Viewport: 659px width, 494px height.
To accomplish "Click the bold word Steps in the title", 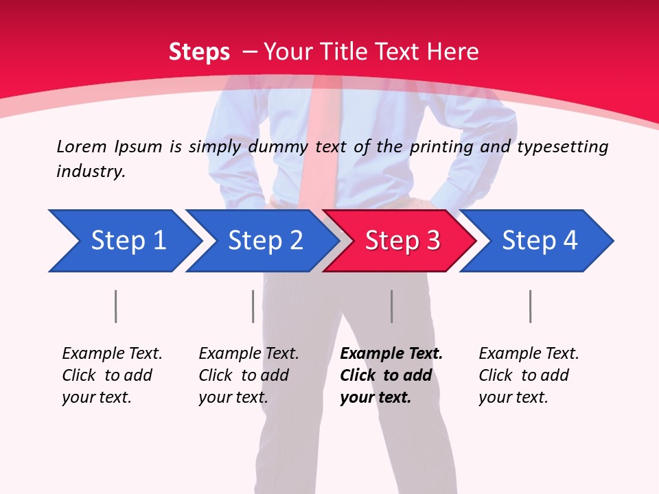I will [x=199, y=51].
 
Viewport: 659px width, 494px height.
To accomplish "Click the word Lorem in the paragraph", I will [x=81, y=146].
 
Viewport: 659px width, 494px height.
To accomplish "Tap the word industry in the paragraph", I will [x=91, y=172].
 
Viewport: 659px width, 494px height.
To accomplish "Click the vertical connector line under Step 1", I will [x=115, y=306].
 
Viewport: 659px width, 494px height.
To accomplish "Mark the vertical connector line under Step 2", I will [x=253, y=306].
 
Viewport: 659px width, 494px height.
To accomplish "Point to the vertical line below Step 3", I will [x=391, y=306].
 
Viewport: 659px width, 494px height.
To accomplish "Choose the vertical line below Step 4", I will [x=530, y=306].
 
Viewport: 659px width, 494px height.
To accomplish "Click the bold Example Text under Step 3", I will [x=391, y=354].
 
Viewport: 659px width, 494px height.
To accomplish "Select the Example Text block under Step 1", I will [x=112, y=375].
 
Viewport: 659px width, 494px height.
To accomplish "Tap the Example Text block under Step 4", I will [x=529, y=375].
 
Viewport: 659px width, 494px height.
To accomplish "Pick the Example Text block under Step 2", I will [x=248, y=375].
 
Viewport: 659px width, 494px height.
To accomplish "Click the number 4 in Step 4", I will [x=570, y=241].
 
